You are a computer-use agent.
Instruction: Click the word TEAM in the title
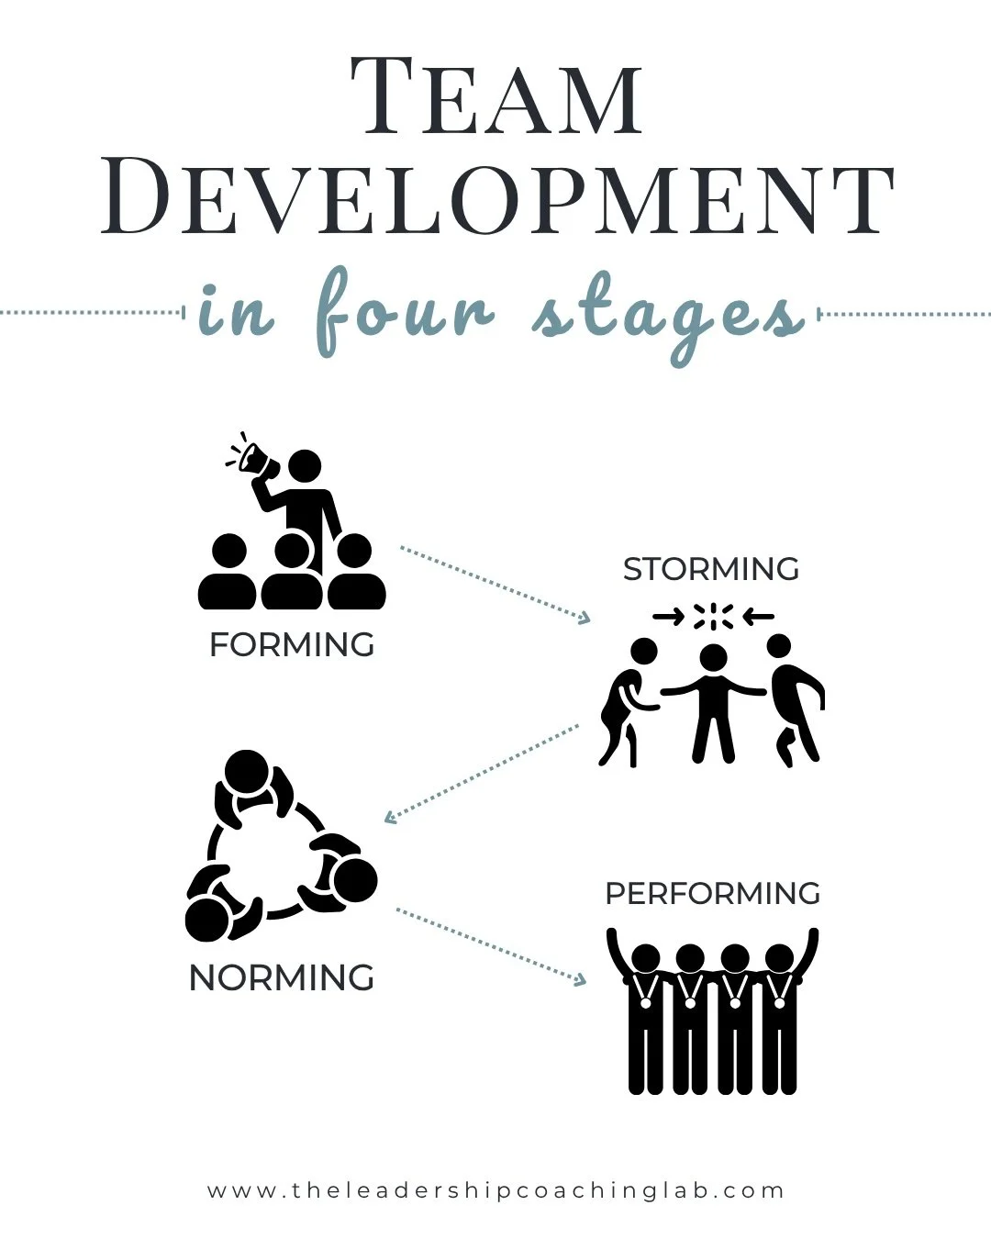(x=496, y=96)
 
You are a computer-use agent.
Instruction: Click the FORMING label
(x=292, y=644)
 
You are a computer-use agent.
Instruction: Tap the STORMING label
(x=711, y=569)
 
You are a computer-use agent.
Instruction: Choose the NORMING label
(x=282, y=977)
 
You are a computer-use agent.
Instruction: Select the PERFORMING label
(x=713, y=893)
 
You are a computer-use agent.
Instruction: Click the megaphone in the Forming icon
(x=253, y=456)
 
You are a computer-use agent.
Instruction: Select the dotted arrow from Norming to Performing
(x=490, y=946)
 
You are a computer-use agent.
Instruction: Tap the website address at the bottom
(x=496, y=1190)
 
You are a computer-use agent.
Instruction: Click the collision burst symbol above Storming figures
(x=713, y=617)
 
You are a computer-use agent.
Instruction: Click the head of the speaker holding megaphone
(x=305, y=465)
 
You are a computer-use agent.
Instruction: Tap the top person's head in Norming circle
(x=246, y=772)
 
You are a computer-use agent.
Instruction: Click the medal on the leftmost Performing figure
(x=646, y=1002)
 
